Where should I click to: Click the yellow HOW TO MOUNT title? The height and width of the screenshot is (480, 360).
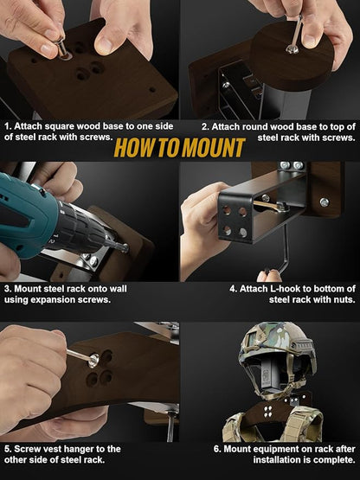tap(179, 148)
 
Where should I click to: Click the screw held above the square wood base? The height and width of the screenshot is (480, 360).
tap(62, 48)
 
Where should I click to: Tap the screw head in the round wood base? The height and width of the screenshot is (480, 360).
tap(292, 49)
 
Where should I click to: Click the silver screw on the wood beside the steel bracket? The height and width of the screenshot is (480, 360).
tap(325, 202)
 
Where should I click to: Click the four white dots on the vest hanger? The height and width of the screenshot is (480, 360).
tap(267, 412)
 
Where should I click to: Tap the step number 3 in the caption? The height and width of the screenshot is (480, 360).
tap(7, 289)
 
